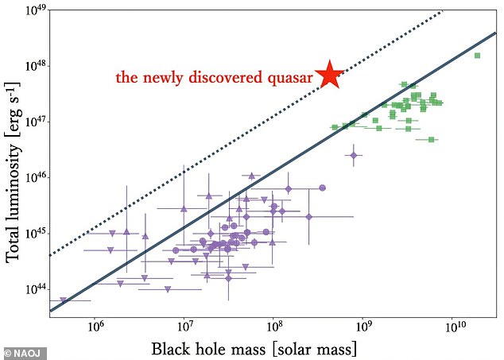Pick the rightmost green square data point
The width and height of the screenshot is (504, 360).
[477, 56]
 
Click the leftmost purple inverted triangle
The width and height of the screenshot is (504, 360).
[63, 300]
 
